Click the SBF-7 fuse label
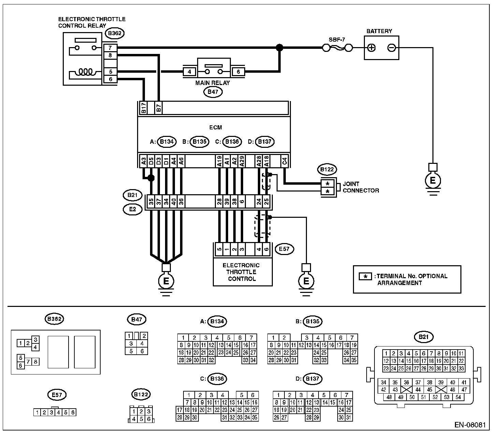pos(337,40)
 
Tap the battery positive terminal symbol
pos(371,48)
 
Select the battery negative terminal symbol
pos(392,48)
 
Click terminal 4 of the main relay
pos(189,72)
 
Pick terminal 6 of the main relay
pos(238,72)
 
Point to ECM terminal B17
pos(144,108)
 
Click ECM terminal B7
pos(159,108)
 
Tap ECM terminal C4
pos(284,161)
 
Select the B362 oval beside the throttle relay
pos(115,33)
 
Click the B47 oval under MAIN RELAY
pos(213,92)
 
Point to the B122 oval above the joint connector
pos(327,169)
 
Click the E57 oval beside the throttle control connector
pos(284,249)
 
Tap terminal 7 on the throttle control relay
pos(110,48)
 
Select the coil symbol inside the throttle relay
pos(85,72)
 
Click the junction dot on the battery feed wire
pos(279,48)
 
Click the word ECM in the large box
pos(216,127)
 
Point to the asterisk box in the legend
pos(365,277)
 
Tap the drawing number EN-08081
pos(470,425)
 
